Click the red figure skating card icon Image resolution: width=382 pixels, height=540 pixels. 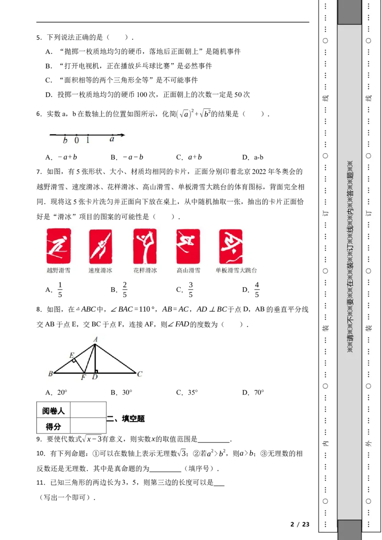pyautogui.click(x=145, y=246)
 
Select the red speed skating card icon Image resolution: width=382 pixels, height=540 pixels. pyautogui.click(x=100, y=246)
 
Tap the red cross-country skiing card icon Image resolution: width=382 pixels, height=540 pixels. pyautogui.click(x=59, y=246)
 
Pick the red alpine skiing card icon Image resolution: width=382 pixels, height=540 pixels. pyautogui.click(x=188, y=246)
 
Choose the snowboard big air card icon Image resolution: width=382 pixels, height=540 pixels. pyautogui.click(x=231, y=246)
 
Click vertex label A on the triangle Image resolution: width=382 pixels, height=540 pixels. pyautogui.click(x=95, y=339)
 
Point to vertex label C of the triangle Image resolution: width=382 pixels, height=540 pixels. pyautogui.click(x=139, y=374)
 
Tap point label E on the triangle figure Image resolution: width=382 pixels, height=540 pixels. pyautogui.click(x=72, y=355)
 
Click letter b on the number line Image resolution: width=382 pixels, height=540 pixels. pyautogui.click(x=65, y=140)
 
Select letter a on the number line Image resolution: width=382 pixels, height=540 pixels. pyautogui.click(x=112, y=139)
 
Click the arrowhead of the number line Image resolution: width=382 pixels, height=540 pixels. pyautogui.click(x=122, y=135)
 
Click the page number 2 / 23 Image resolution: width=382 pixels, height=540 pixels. pyautogui.click(x=300, y=525)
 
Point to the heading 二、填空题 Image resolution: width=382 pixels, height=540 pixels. pyautogui.click(x=126, y=419)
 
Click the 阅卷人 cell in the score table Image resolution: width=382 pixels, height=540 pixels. pyautogui.click(x=53, y=410)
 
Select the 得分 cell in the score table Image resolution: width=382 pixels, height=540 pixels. pyautogui.click(x=53, y=426)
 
